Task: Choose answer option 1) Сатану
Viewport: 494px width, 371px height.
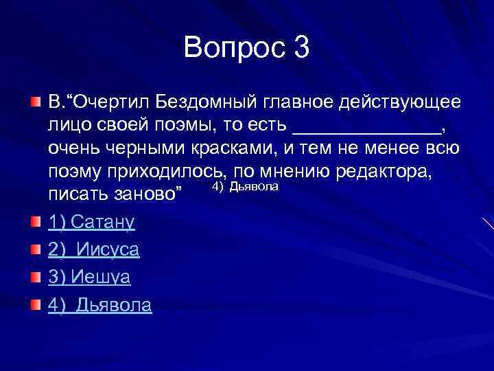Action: [x=92, y=222]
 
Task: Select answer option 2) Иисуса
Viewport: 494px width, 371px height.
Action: [x=94, y=249]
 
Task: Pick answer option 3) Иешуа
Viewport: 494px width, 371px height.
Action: [x=89, y=277]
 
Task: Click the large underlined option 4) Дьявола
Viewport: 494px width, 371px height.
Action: [x=100, y=305]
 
